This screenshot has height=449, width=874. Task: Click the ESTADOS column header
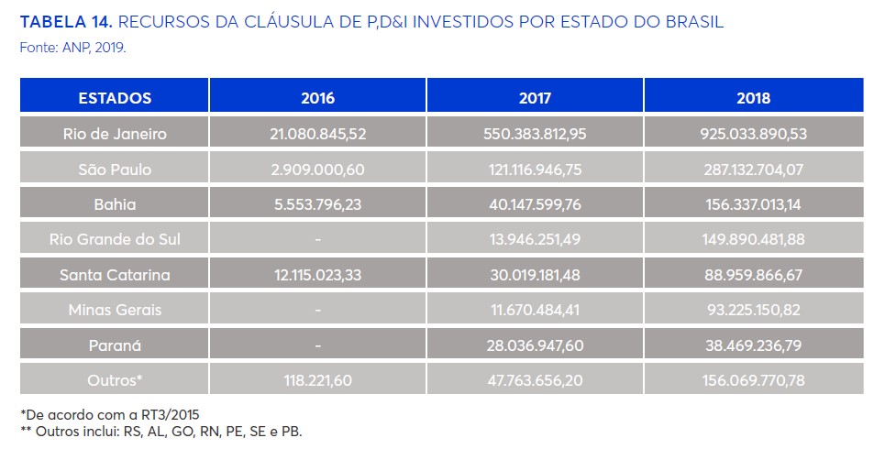(115, 98)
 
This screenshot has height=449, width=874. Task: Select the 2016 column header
(317, 98)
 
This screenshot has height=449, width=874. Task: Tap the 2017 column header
(535, 98)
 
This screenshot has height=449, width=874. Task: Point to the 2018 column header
(753, 98)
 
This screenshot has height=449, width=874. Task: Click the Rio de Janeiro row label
(115, 134)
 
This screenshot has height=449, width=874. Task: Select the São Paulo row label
(115, 170)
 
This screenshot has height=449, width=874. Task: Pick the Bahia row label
(115, 204)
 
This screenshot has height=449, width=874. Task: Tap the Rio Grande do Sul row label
(115, 240)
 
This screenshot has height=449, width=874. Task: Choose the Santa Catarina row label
(115, 275)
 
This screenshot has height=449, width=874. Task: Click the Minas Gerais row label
(115, 310)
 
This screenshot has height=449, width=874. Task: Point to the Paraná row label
(115, 345)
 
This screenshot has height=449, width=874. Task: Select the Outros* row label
(115, 380)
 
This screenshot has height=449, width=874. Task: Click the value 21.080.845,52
(317, 134)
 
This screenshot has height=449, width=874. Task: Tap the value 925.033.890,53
(753, 134)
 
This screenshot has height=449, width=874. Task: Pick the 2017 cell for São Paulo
(535, 170)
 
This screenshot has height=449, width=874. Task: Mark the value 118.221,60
(317, 380)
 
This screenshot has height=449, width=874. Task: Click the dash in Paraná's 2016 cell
(317, 345)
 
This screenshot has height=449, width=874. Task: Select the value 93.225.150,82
(753, 310)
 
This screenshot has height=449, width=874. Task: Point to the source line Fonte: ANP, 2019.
(72, 45)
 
